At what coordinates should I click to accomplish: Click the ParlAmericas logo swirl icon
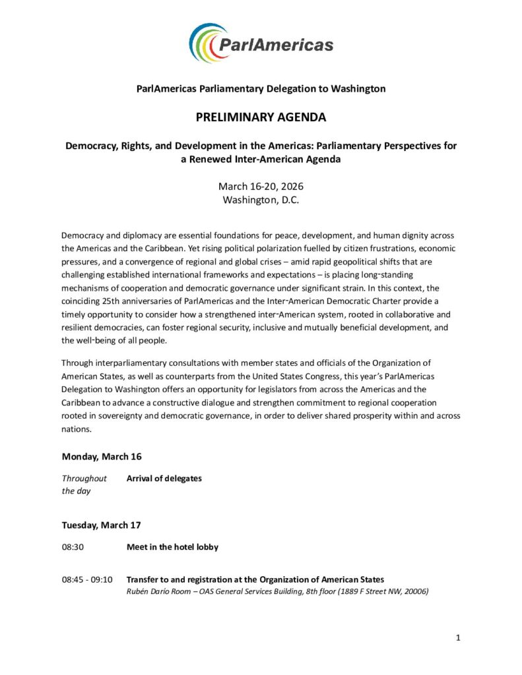pos(209,43)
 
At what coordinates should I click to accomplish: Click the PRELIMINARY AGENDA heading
pos(261,118)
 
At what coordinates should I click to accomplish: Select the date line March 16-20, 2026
pos(261,187)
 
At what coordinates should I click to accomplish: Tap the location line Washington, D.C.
pos(261,200)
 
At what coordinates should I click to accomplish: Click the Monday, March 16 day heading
pos(102,456)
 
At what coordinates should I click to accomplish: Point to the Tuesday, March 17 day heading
pos(102,525)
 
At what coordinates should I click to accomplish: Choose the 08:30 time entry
pos(73,547)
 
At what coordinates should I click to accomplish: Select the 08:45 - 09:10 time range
pos(87,580)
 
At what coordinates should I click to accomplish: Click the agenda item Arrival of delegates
pos(164,479)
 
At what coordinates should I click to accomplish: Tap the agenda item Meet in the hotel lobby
pos(172,547)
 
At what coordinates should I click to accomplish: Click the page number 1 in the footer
pos(457,637)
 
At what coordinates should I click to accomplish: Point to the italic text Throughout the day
pos(84,484)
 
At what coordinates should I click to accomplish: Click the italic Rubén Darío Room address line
pos(277,591)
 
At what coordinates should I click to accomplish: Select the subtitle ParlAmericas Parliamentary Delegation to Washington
pos(261,88)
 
